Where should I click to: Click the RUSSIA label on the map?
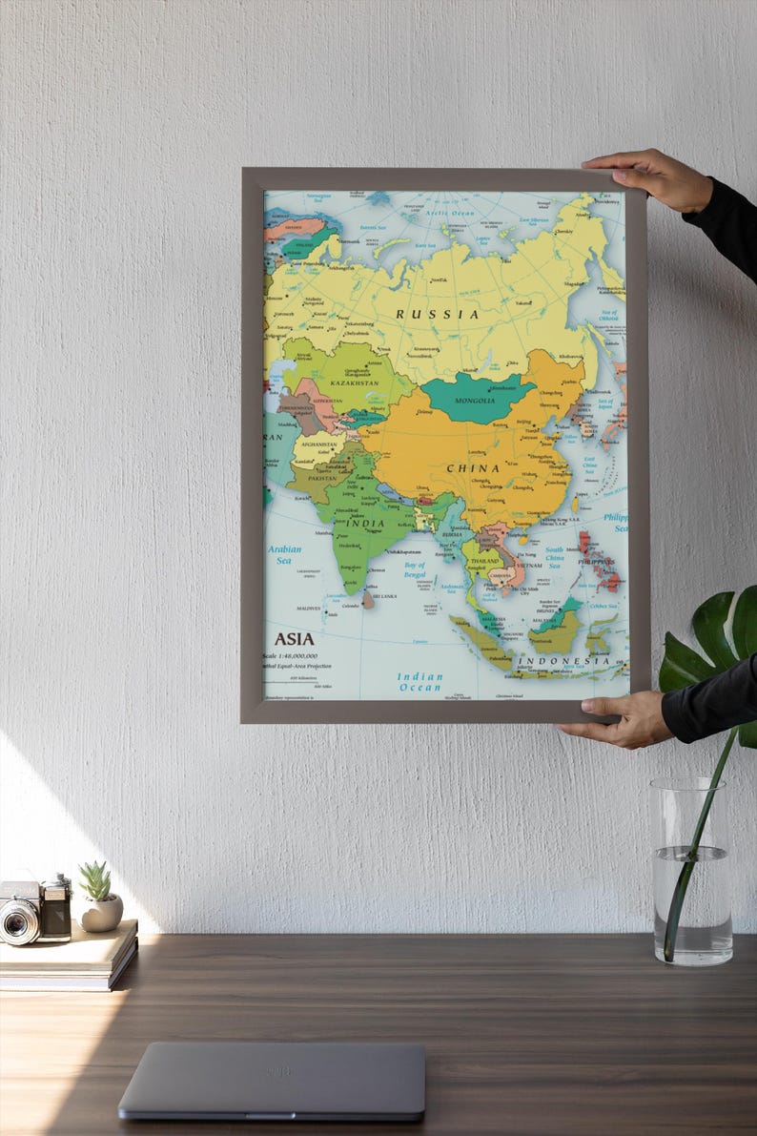point(438,314)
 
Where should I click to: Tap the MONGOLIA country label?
point(475,402)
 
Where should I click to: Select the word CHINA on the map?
point(473,468)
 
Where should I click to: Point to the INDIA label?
point(365,523)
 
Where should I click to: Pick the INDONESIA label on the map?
point(564,660)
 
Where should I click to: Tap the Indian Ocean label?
point(420,682)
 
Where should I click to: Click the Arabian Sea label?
point(284,554)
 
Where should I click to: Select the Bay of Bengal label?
point(415,569)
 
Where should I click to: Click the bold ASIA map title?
point(294,639)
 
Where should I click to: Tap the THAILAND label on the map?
point(485,561)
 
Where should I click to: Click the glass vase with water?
point(692,872)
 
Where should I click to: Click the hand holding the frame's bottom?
point(624,717)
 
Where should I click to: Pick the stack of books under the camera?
point(69,955)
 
